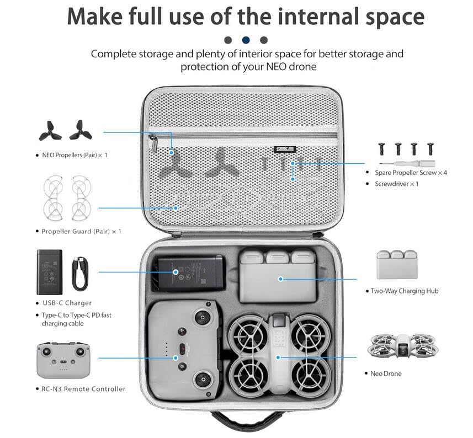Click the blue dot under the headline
(x=246, y=40)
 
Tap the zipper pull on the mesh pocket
(x=154, y=145)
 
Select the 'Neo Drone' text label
(x=386, y=373)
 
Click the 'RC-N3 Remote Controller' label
(x=83, y=389)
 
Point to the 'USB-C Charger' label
(x=67, y=303)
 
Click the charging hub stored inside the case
(x=278, y=276)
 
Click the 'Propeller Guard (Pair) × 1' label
(x=81, y=231)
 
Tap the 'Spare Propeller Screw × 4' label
(x=411, y=173)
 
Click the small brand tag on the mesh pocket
(x=285, y=148)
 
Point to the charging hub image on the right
(x=397, y=264)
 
